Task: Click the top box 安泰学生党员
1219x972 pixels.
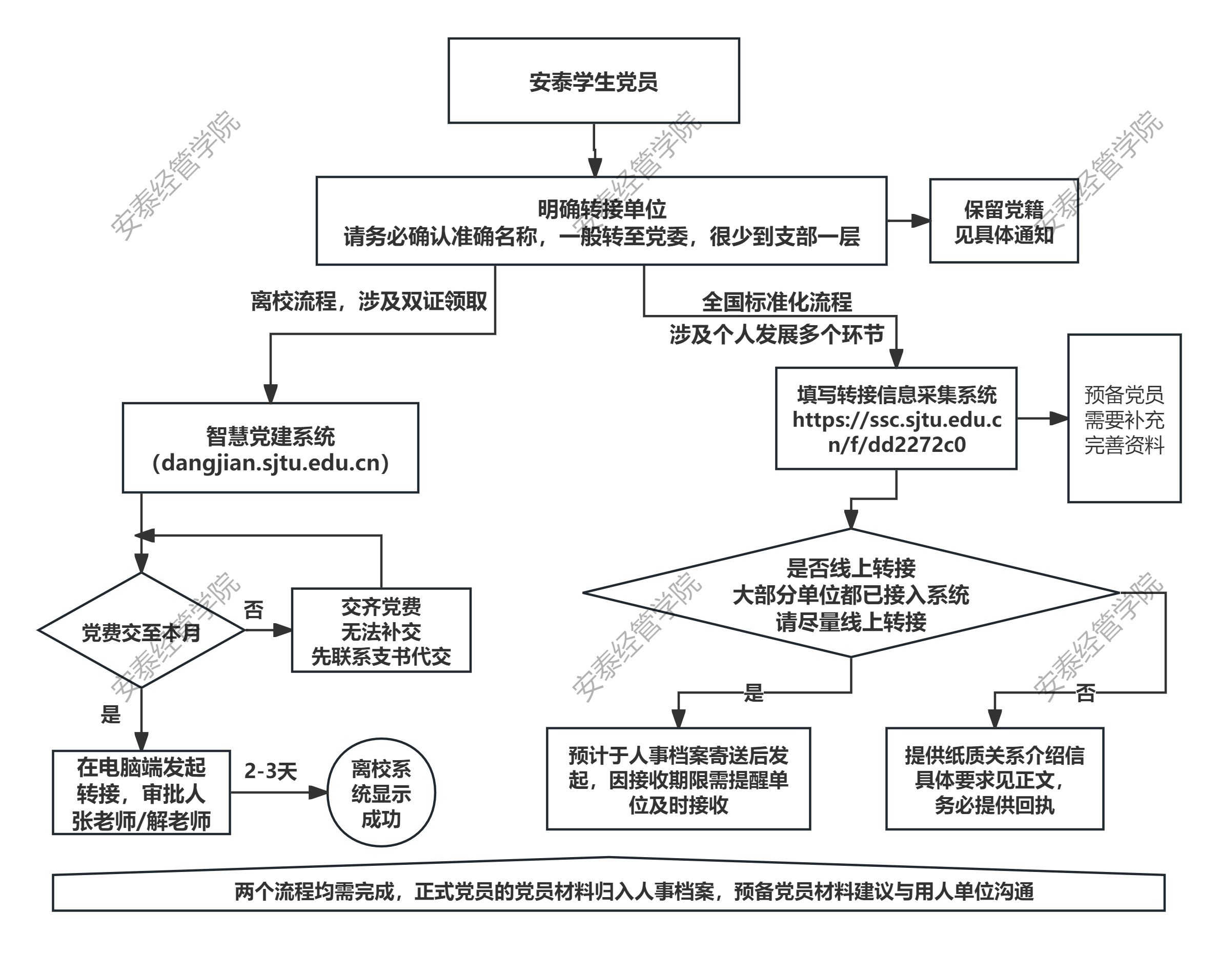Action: click(x=593, y=81)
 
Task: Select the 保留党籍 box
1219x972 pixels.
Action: click(x=1004, y=221)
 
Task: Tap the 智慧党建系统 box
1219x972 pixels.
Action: click(x=270, y=447)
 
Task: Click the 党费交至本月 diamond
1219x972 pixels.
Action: click(x=141, y=630)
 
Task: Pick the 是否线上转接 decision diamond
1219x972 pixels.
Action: click(x=850, y=593)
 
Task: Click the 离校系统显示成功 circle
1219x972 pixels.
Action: click(x=381, y=792)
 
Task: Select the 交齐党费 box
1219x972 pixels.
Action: click(x=381, y=630)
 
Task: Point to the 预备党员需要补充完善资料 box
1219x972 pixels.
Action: click(x=1124, y=419)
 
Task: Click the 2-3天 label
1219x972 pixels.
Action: click(x=270, y=771)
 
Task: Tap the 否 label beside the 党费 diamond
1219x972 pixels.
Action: click(x=253, y=610)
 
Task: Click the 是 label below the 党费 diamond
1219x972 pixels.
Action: click(x=111, y=715)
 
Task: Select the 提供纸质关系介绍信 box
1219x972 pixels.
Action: click(x=994, y=779)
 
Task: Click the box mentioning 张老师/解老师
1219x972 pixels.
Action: click(x=141, y=792)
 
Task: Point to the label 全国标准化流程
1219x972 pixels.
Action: click(x=777, y=302)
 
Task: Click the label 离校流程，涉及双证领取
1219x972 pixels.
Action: click(x=369, y=301)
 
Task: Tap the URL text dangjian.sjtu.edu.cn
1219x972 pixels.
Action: click(x=270, y=463)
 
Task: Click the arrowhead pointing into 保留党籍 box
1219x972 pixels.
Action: click(x=921, y=221)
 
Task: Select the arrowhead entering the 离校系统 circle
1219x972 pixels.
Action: click(x=318, y=792)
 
